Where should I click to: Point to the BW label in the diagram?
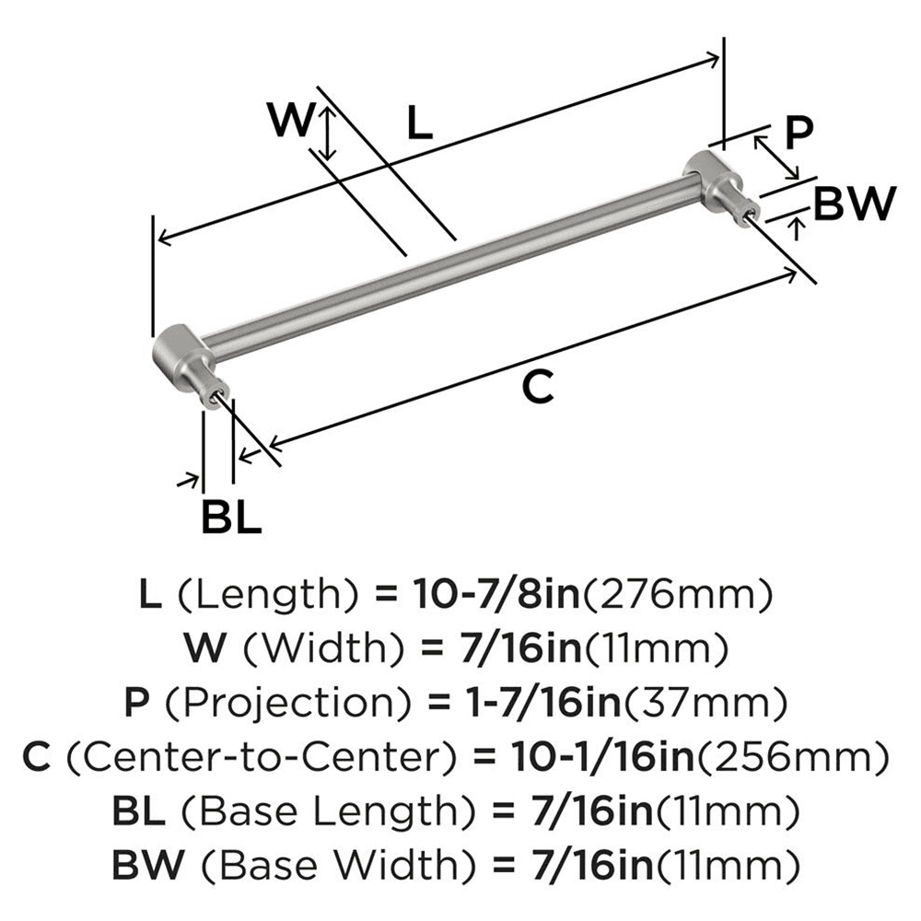pos(856,204)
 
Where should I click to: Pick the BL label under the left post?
pos(231,519)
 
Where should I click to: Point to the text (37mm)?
pos(706,704)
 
